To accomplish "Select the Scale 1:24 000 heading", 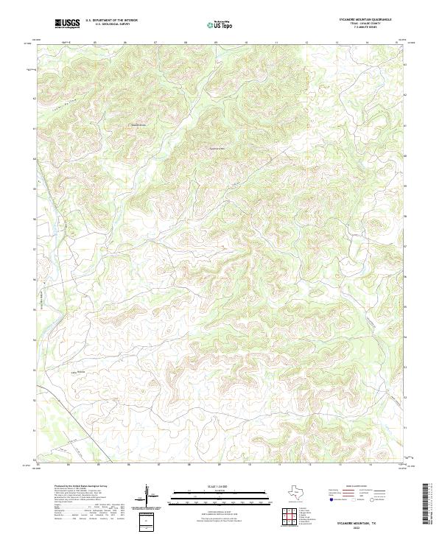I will click(219, 485).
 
